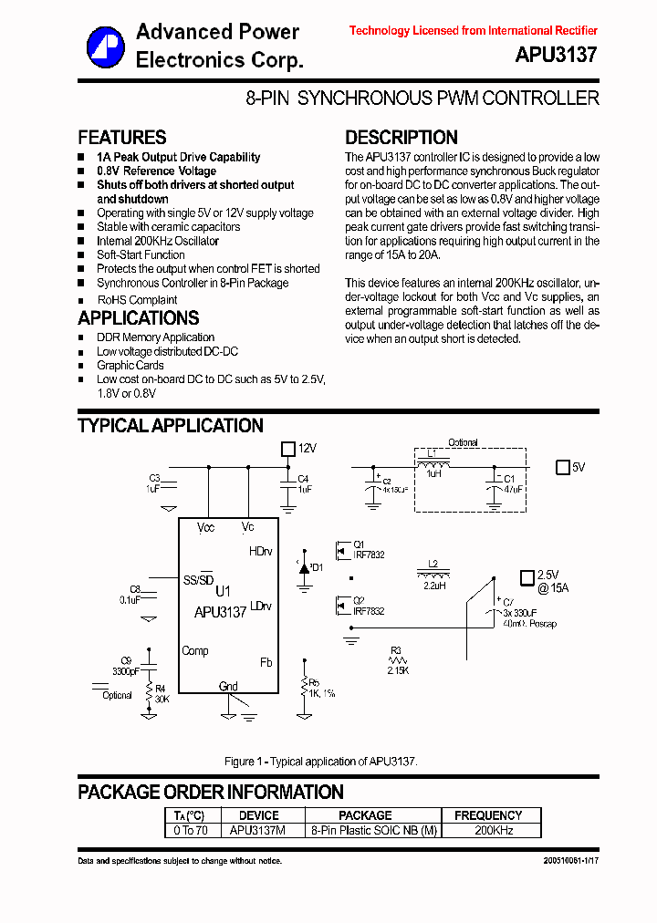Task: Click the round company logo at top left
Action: (105, 47)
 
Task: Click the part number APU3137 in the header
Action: (556, 55)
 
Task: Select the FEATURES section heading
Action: (122, 138)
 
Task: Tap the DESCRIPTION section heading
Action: (401, 138)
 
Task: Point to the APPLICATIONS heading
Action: (138, 318)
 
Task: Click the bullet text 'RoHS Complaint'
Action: (137, 300)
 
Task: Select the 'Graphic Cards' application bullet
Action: (130, 366)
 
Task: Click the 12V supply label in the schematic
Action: (307, 449)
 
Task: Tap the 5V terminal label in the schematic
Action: (578, 468)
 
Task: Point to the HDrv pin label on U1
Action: (260, 552)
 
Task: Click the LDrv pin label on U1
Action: (260, 607)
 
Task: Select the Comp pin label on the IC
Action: (195, 650)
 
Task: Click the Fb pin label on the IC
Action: (266, 662)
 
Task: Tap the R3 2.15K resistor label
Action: (396, 662)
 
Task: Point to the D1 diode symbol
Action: (305, 567)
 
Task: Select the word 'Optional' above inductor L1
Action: (463, 442)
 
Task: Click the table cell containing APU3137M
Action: (257, 831)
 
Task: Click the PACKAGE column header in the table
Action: (365, 815)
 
